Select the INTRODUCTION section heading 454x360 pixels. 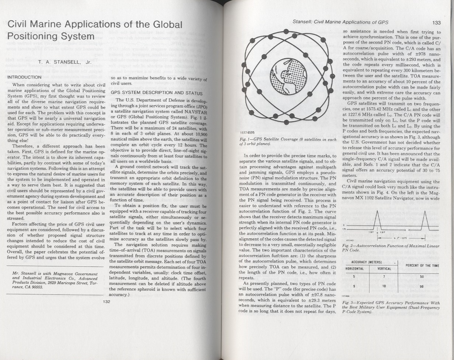coord(24,77)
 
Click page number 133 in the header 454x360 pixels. coord(437,22)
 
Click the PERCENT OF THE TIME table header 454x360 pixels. coord(422,265)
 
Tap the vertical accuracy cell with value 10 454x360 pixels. coord(384,286)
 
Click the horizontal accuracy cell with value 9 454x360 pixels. coord(354,286)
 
